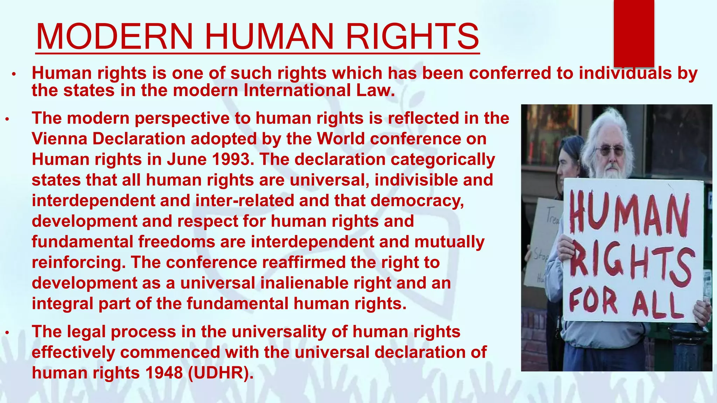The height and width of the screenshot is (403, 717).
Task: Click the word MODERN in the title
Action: point(114,36)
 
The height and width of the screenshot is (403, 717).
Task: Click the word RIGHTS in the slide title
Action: point(412,36)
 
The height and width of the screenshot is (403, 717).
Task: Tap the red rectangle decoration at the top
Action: point(634,33)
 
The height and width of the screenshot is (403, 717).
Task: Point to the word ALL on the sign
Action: point(658,304)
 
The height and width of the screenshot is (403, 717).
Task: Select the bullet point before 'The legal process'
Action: point(7,332)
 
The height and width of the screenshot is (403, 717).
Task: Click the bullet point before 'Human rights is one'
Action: point(14,74)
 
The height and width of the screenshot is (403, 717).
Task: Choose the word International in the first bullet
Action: point(297,91)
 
